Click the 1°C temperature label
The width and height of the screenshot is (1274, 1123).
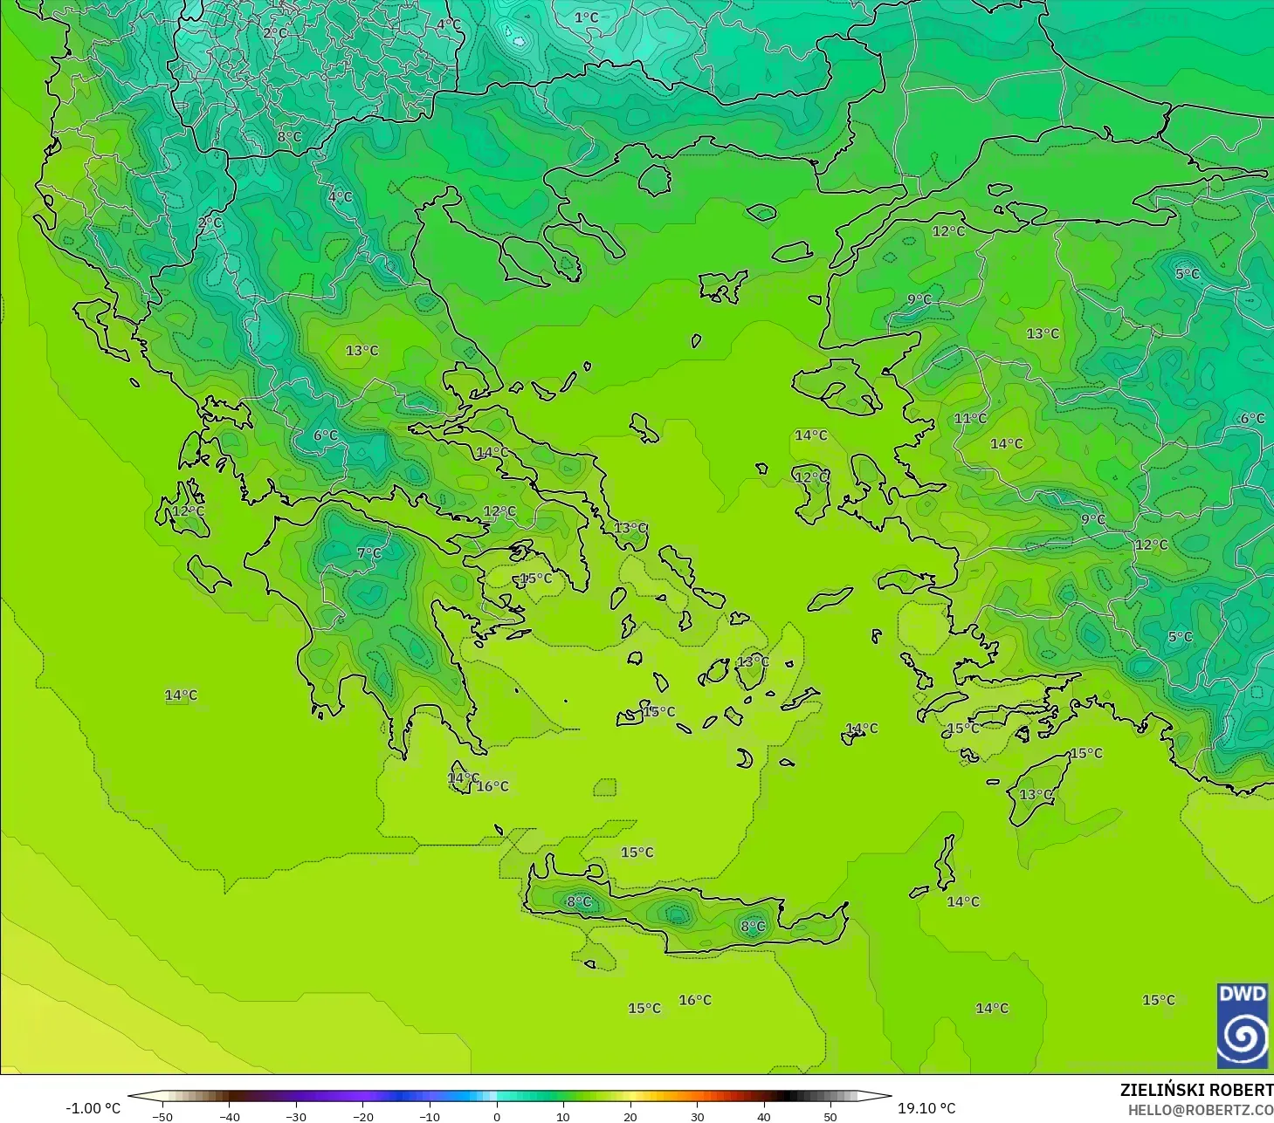point(586,17)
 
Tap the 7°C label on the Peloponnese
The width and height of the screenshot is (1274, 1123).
point(369,553)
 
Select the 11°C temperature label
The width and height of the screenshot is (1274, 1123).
point(970,419)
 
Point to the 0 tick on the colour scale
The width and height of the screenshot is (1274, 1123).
point(497,1116)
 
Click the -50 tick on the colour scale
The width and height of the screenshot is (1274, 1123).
point(162,1116)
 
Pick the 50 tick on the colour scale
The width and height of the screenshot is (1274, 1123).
point(830,1116)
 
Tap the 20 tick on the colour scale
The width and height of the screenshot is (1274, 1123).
point(630,1116)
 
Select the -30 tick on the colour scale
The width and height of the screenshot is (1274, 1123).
point(296,1116)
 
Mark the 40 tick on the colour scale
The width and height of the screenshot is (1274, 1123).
point(764,1116)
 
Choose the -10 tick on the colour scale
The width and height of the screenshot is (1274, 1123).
point(430,1116)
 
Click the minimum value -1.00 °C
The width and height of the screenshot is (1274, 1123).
point(93,1108)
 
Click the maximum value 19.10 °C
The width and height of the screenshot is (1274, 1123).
point(926,1108)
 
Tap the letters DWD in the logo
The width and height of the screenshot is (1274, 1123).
point(1242,994)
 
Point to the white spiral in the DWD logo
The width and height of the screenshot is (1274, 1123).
point(1242,1037)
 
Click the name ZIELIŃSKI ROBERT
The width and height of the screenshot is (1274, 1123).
point(1196,1090)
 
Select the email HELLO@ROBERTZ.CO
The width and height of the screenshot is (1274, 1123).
point(1200,1110)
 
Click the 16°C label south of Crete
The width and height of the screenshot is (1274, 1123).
point(695,1000)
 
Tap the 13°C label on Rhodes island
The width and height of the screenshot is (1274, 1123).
point(1036,794)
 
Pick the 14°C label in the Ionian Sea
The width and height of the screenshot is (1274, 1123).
point(181,695)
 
